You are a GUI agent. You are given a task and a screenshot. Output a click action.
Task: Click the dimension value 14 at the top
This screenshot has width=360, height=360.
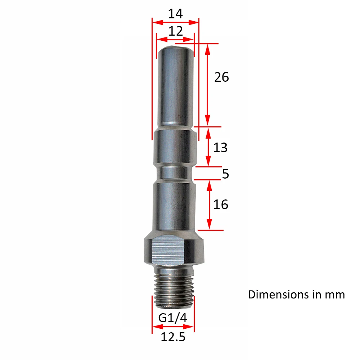pyautogui.click(x=175, y=14)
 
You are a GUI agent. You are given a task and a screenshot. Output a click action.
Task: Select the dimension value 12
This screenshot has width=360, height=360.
pyautogui.click(x=175, y=31)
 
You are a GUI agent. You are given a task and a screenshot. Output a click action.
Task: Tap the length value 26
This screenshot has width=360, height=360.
pyautogui.click(x=221, y=77)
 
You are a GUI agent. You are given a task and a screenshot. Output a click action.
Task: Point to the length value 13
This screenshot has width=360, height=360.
pyautogui.click(x=220, y=148)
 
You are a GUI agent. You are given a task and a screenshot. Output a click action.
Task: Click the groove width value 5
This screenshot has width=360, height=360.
pyautogui.click(x=225, y=174)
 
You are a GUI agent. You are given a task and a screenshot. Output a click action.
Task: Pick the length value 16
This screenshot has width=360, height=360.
pyautogui.click(x=220, y=204)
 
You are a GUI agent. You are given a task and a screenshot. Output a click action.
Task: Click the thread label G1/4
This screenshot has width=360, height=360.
pyautogui.click(x=173, y=318)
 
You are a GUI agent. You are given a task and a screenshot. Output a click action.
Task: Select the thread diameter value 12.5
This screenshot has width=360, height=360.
pyautogui.click(x=173, y=337)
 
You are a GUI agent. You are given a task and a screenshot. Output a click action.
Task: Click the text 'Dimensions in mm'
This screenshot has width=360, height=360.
pyautogui.click(x=296, y=294)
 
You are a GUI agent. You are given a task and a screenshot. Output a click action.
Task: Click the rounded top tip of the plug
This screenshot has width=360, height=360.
pyautogui.click(x=175, y=49)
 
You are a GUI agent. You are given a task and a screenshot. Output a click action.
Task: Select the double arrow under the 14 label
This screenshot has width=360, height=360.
pyautogui.click(x=175, y=22)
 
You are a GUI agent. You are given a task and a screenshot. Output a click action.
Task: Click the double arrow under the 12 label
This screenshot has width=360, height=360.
pyautogui.click(x=175, y=39)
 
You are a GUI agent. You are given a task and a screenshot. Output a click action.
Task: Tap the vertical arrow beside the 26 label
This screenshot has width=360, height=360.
pyautogui.click(x=207, y=85)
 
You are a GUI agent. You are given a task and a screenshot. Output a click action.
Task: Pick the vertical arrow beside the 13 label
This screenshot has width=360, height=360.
pyautogui.click(x=208, y=147)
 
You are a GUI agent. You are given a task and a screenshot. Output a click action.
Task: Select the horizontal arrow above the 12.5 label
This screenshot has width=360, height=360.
pyautogui.click(x=173, y=327)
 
